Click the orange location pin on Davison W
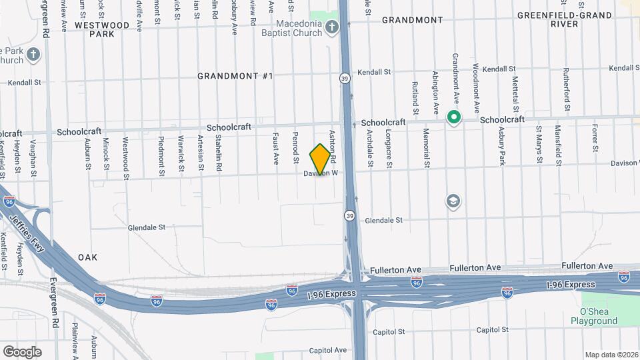[321, 159]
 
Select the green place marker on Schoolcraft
[454, 118]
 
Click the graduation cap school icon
[453, 201]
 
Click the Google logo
[22, 352]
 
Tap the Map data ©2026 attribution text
[612, 355]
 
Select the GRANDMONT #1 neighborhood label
[235, 76]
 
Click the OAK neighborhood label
[87, 257]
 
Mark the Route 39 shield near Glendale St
[349, 215]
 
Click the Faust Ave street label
[275, 148]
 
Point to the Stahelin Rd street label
[218, 149]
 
